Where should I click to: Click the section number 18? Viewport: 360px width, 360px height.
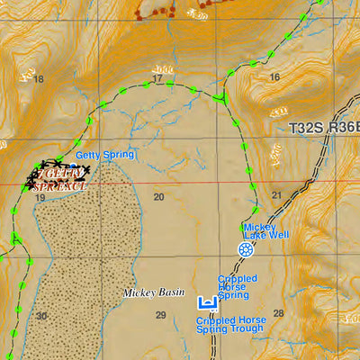(38, 79)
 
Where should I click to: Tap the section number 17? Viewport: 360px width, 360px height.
(157, 79)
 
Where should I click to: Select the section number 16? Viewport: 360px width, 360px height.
(274, 77)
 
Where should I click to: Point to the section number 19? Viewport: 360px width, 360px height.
(40, 197)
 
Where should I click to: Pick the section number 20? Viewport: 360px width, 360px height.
(158, 197)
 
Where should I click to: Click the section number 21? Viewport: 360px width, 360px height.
(277, 195)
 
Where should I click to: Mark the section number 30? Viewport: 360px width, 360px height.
(41, 316)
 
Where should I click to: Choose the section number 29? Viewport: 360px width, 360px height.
(160, 314)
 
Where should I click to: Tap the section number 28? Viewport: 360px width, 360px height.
(278, 313)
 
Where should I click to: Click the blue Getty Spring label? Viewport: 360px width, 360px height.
(104, 155)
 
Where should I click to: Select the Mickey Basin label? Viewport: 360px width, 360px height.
(154, 293)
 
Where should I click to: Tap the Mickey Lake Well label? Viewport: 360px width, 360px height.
(265, 230)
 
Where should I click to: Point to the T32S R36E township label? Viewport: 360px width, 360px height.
(316, 129)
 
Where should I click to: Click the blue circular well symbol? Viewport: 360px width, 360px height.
(245, 249)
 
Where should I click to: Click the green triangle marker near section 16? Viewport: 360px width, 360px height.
(221, 95)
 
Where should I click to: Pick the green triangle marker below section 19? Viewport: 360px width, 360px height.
(17, 238)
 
